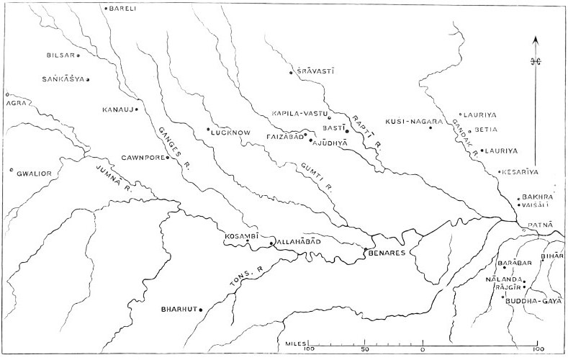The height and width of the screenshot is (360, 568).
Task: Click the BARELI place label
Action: (x=124, y=9)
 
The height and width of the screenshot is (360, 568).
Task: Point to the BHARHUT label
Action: (x=178, y=310)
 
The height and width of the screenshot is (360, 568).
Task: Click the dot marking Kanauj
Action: (x=136, y=109)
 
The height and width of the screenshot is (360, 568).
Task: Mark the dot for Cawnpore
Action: (x=168, y=157)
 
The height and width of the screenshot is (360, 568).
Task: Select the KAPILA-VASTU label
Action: (x=299, y=114)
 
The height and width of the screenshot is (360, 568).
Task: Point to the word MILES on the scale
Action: (x=292, y=345)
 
